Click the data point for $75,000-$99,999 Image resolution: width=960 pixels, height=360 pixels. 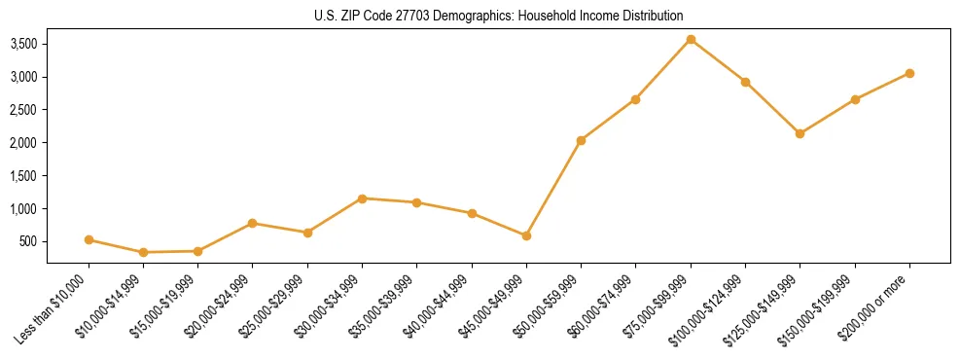(691, 39)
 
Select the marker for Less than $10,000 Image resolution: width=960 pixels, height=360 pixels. (89, 239)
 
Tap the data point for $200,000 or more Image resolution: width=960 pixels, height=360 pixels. (909, 73)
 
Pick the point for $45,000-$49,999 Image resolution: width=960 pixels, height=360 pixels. (526, 235)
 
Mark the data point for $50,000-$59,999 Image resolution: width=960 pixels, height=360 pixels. (581, 140)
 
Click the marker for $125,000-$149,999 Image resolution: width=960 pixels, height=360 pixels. (800, 133)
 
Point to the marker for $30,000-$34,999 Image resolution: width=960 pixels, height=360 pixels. (362, 198)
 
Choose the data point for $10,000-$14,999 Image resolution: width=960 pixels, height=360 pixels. (143, 252)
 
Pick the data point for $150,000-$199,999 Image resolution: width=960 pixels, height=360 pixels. (855, 99)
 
